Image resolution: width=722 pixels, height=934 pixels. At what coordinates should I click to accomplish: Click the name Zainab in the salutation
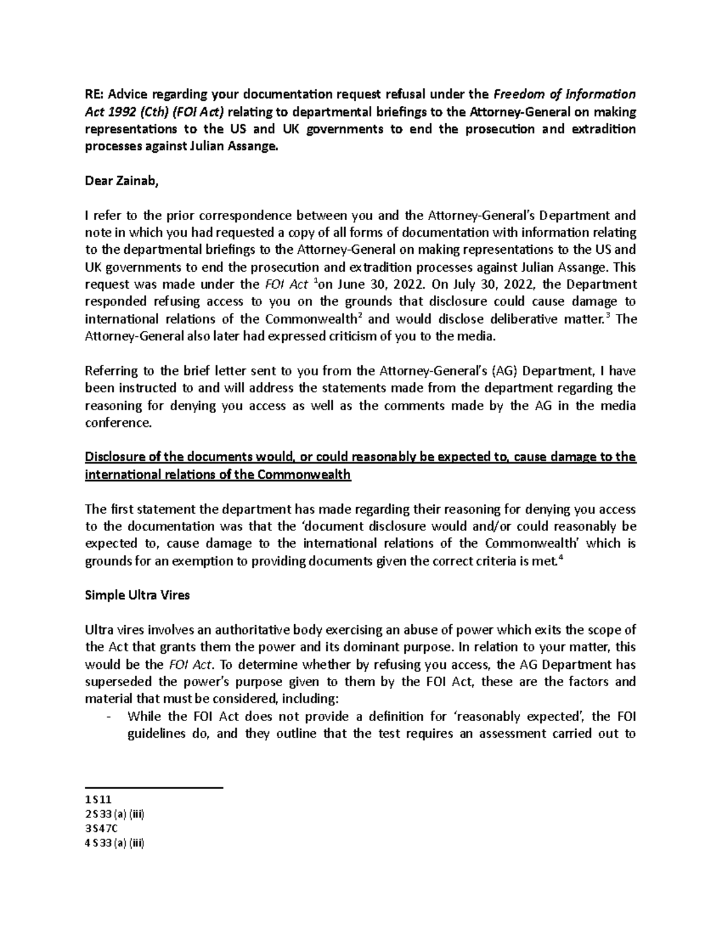coord(135,183)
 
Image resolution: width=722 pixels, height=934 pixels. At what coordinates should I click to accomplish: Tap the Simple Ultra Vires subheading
coord(137,595)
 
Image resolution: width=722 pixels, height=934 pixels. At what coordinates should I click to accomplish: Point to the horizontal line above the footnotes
coord(154,787)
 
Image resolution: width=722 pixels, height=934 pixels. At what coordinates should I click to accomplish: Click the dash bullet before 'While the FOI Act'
coord(108,717)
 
